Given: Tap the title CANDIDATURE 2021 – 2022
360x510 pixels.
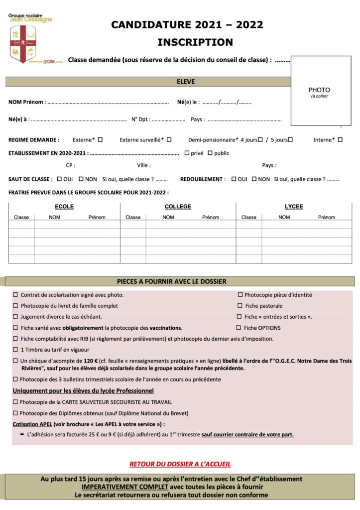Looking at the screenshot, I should coord(187,25).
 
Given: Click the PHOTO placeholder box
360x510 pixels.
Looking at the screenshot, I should coord(319,91).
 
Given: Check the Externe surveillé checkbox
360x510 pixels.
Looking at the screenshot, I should coord(169,139).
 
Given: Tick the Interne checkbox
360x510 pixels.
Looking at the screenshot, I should coord(340,139).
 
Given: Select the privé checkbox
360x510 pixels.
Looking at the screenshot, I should coord(187,153).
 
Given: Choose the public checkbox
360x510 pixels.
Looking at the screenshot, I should coord(210,153).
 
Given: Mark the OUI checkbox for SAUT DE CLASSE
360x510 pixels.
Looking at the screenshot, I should coord(59,179).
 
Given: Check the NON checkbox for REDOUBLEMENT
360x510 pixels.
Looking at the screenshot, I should coord(254,179).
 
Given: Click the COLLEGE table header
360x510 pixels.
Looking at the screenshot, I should coord(178,207).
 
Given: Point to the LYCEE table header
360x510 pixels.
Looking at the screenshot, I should coord(294,207).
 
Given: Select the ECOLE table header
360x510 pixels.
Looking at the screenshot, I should coord(64,207).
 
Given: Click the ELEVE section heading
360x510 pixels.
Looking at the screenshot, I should coord(186,82).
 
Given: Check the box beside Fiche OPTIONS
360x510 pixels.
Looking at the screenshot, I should coord(239,328).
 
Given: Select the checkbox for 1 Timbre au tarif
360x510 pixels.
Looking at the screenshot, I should coord(15,350).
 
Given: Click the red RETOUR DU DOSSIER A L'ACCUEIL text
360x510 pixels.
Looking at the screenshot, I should coord(180,464).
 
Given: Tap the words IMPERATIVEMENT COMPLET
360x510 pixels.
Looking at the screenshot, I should coord(125,487).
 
